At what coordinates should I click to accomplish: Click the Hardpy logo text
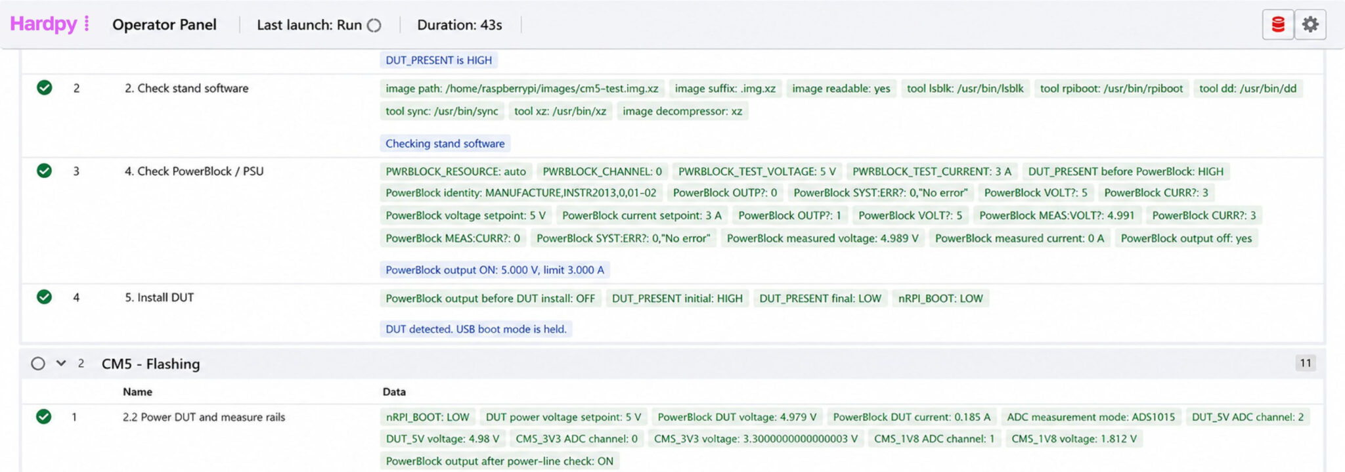click(x=43, y=24)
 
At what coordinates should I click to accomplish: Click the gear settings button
click(x=1310, y=25)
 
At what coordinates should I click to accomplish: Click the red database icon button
click(x=1278, y=25)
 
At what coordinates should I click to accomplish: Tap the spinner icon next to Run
click(x=374, y=26)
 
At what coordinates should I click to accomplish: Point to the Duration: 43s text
click(x=460, y=25)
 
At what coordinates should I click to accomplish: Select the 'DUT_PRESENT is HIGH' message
click(x=439, y=60)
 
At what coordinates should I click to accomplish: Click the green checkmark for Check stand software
click(x=45, y=87)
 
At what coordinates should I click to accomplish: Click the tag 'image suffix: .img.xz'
click(x=725, y=89)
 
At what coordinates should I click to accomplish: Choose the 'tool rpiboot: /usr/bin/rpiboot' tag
click(x=1111, y=89)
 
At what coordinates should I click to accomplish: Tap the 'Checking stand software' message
click(x=445, y=144)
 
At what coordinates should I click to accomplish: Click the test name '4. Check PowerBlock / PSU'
click(x=194, y=171)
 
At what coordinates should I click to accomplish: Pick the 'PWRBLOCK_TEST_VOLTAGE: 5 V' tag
click(x=757, y=172)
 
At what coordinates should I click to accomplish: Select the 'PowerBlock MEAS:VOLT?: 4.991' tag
click(x=1057, y=215)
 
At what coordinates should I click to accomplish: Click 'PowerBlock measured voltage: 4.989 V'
click(x=823, y=238)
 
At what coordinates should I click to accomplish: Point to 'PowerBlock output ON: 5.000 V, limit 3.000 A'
click(x=495, y=270)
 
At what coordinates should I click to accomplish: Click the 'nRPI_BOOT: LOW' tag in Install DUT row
click(x=940, y=299)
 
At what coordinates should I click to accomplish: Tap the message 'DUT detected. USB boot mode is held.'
click(x=476, y=329)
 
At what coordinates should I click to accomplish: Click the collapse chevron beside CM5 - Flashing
click(x=61, y=363)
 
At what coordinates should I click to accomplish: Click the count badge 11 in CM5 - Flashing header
click(x=1306, y=363)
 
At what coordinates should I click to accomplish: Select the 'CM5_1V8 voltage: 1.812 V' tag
click(x=1074, y=439)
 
